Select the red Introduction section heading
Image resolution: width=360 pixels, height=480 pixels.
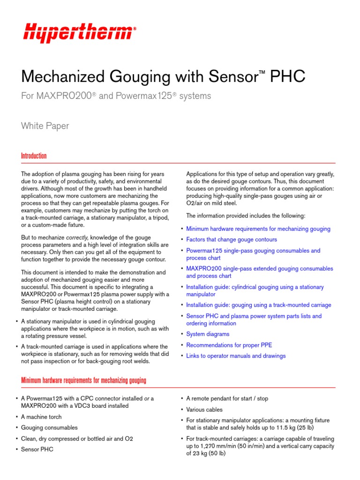(34, 156)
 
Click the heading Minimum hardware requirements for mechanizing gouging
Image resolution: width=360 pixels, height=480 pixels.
(83, 380)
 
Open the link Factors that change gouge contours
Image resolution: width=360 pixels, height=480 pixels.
(232, 240)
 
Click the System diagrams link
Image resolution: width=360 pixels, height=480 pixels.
(208, 334)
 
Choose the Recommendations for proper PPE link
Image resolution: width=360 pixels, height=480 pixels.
(229, 345)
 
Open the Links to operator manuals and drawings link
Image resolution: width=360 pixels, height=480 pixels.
(236, 356)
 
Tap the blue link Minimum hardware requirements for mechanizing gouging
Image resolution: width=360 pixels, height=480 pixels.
(258, 229)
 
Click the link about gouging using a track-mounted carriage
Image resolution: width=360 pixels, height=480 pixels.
(258, 305)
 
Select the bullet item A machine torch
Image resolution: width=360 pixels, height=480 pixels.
(41, 417)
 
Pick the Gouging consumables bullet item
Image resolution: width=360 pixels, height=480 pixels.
(49, 427)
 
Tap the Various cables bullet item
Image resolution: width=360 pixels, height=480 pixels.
(204, 410)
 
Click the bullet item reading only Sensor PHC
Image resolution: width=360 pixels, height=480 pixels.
(37, 449)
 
